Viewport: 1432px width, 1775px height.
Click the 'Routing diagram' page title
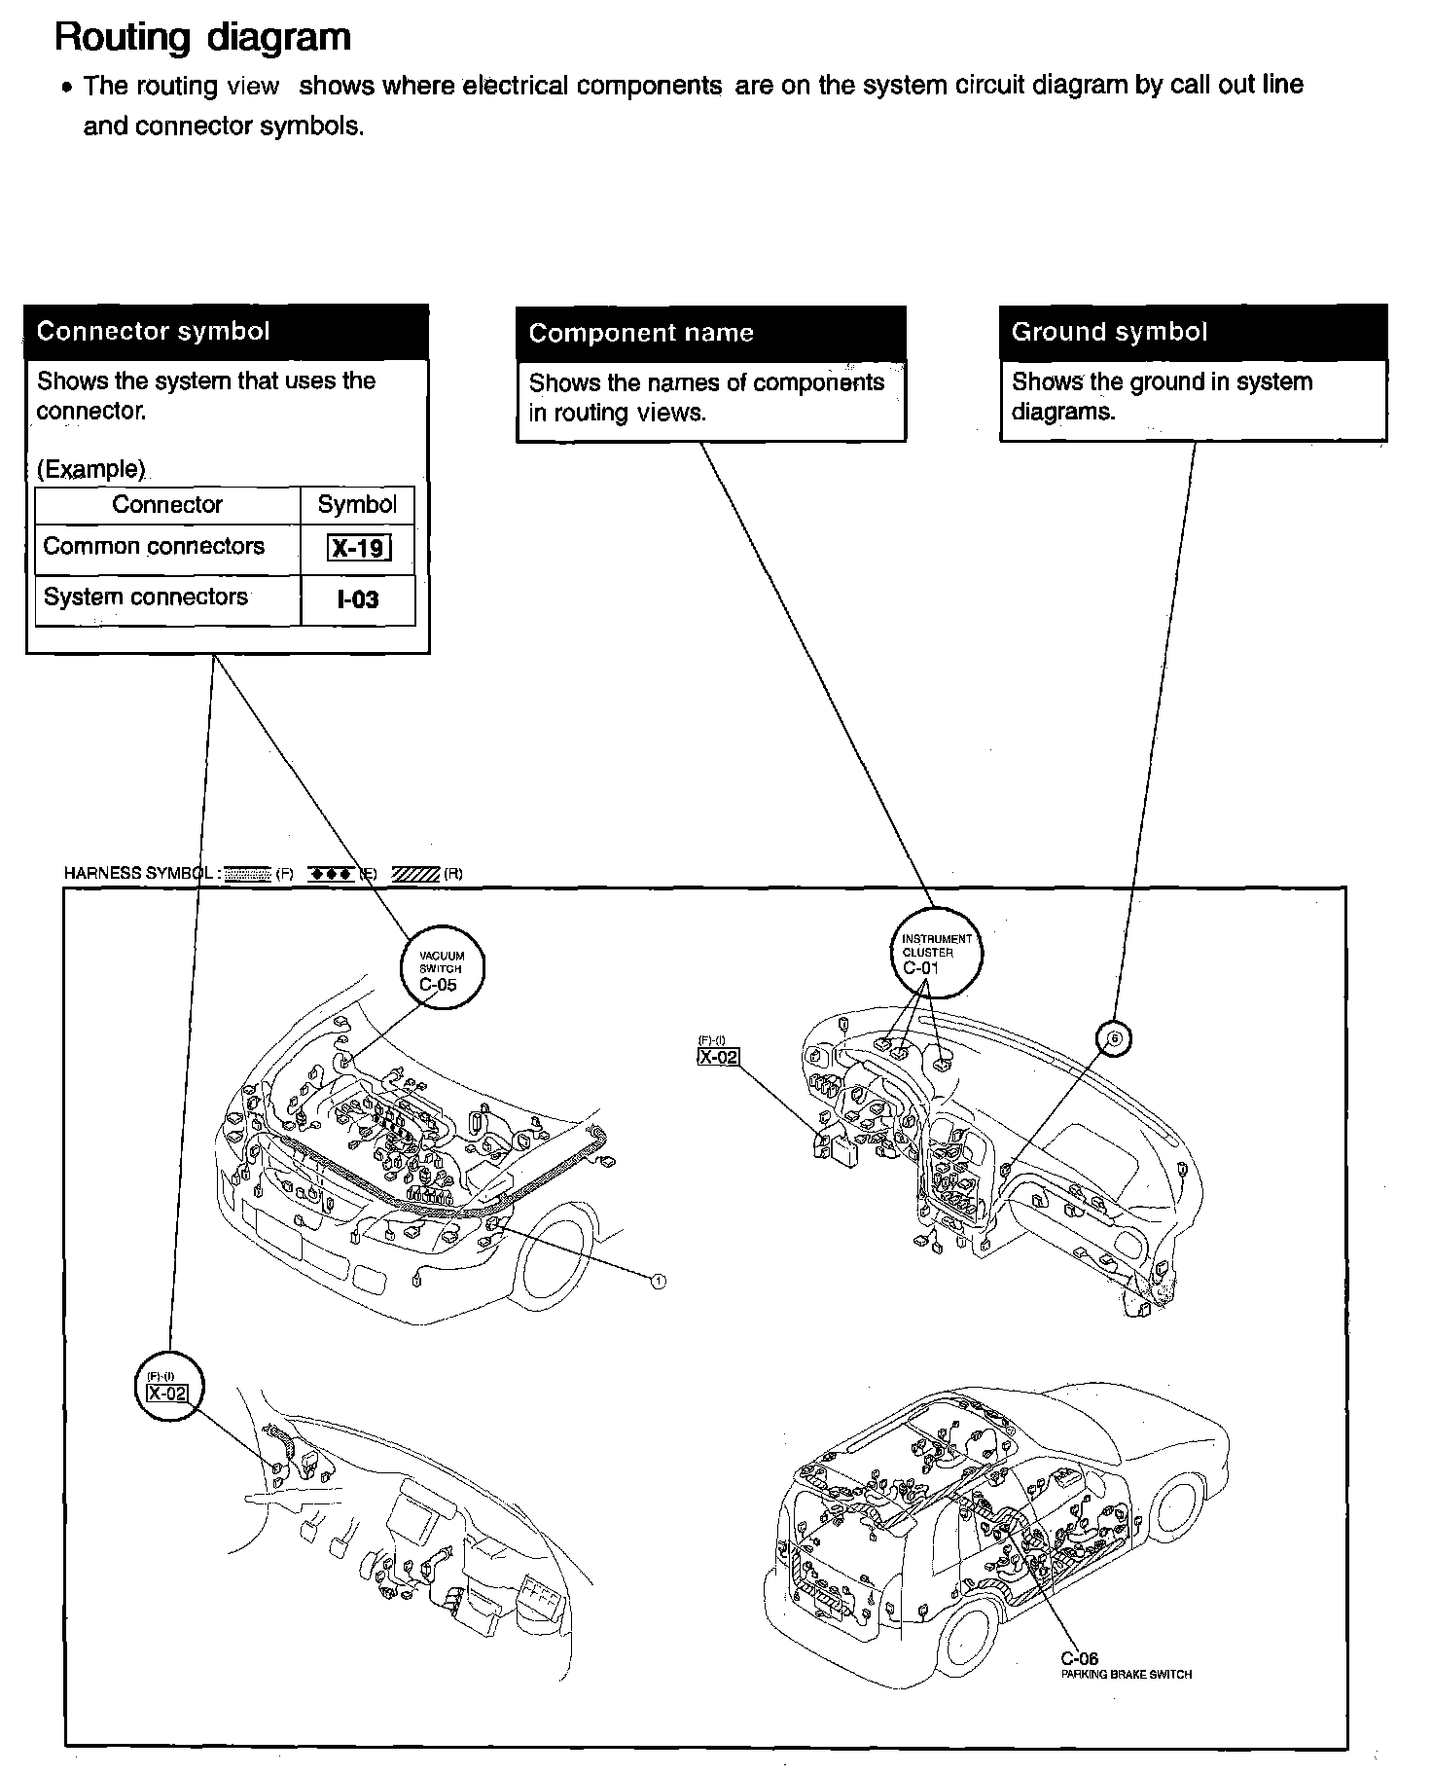click(x=202, y=38)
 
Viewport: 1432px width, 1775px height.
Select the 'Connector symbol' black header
click(x=153, y=332)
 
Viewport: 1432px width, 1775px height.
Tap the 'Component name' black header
click(x=641, y=333)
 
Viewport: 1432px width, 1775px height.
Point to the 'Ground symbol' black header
click(x=1109, y=332)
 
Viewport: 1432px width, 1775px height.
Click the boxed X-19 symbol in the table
click(x=359, y=549)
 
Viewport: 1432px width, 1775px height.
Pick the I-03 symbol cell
click(x=358, y=599)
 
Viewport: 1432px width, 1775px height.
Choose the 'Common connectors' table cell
click(x=154, y=546)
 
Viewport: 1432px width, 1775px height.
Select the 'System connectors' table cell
click(x=146, y=597)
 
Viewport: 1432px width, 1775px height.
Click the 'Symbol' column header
click(x=357, y=504)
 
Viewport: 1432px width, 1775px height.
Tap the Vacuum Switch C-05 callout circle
click(x=442, y=968)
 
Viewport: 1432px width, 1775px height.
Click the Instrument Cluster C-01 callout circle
click(x=935, y=953)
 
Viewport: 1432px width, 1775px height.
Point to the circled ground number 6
click(x=1115, y=1038)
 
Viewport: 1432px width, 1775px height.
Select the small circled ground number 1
click(x=659, y=1281)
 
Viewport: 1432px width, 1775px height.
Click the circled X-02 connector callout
click(x=172, y=1386)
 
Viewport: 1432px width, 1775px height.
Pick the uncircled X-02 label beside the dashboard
click(x=718, y=1056)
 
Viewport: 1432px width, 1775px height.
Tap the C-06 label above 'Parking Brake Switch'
click(x=1080, y=1659)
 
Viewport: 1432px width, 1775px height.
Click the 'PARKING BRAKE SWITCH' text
click(x=1126, y=1675)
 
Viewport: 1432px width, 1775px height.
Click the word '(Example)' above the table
click(x=90, y=469)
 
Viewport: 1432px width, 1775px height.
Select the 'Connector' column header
click(x=167, y=504)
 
